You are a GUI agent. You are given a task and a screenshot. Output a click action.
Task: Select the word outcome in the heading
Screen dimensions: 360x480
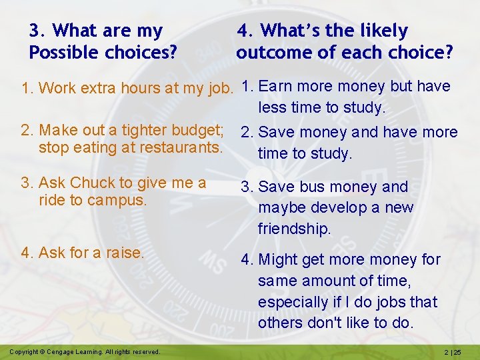(273, 52)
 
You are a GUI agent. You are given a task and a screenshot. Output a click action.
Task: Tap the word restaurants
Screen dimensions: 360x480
(181, 147)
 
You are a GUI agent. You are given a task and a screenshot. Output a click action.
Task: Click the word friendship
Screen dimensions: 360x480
(294, 229)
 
